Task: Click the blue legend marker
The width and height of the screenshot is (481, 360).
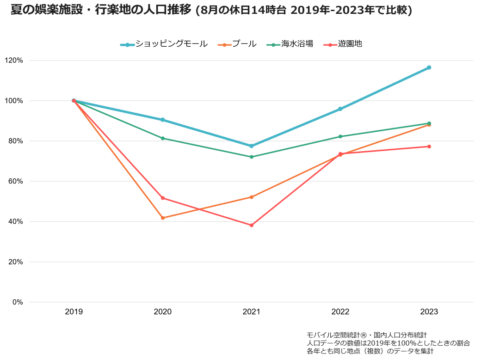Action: [127, 45]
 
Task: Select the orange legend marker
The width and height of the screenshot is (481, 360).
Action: [225, 45]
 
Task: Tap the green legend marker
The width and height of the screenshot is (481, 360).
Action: [273, 45]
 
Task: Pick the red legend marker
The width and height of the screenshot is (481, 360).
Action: [330, 45]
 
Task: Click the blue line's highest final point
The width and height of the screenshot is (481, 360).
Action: [429, 67]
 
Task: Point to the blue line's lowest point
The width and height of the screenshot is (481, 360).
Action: [252, 146]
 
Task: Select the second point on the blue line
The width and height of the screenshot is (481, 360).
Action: [163, 120]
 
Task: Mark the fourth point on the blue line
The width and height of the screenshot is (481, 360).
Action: [340, 109]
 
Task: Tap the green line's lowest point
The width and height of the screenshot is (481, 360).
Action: [252, 157]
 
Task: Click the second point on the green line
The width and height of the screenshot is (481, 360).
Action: [163, 138]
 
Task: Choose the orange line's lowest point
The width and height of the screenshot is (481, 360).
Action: [163, 218]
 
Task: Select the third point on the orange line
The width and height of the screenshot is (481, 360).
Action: [252, 197]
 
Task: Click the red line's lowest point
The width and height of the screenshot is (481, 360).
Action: [252, 226]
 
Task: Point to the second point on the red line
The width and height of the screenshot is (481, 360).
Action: [163, 198]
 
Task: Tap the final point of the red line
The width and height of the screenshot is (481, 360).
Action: [429, 146]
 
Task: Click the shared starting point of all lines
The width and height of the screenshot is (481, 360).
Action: [74, 101]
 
